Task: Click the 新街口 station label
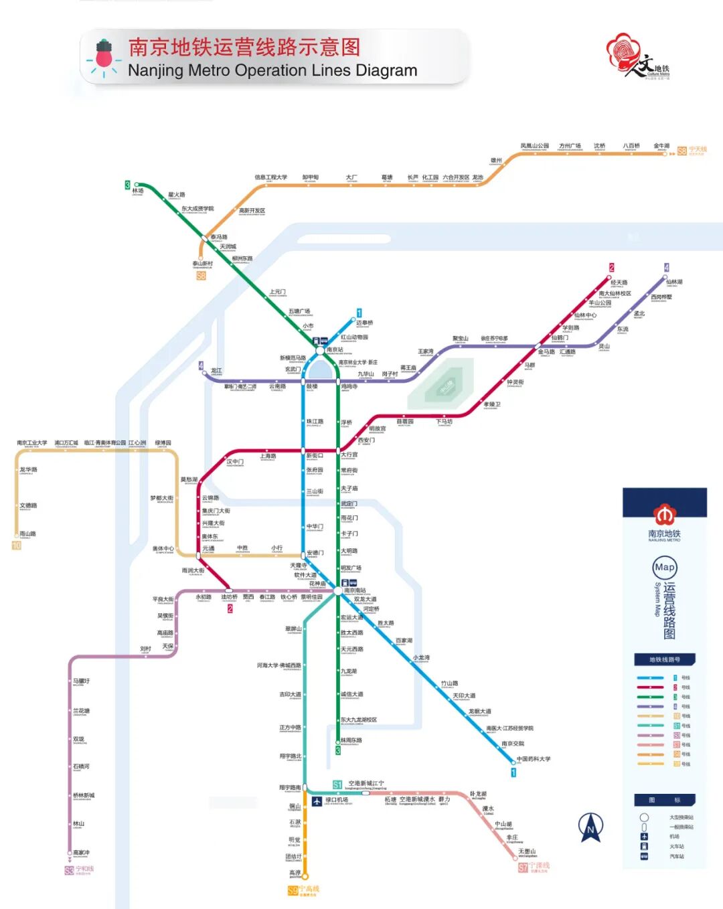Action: click(315, 456)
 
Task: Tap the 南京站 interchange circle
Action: click(320, 350)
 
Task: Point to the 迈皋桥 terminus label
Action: click(365, 323)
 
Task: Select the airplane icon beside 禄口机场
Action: click(317, 801)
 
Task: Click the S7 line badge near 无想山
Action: click(524, 867)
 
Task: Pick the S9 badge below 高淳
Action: click(293, 890)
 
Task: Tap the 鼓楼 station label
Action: click(312, 386)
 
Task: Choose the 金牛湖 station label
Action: click(661, 146)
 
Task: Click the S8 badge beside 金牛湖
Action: click(681, 151)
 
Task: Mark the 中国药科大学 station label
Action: click(534, 759)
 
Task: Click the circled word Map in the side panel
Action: click(665, 568)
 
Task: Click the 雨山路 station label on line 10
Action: click(28, 534)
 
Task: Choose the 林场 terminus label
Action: click(138, 191)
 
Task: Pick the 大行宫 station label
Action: click(349, 454)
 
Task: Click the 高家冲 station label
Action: click(82, 853)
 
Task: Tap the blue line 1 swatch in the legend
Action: click(650, 678)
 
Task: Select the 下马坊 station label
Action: click(445, 422)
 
